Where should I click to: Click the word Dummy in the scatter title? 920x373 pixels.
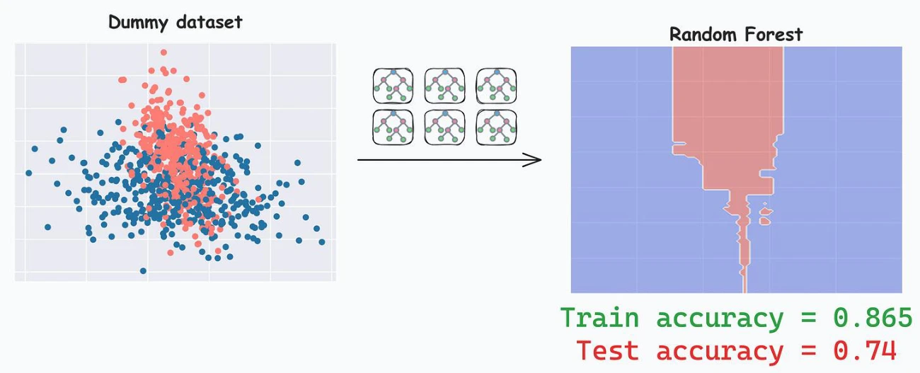coord(138,23)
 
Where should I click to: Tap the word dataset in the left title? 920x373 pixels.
coord(209,22)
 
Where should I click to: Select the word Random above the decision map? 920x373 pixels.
coord(703,35)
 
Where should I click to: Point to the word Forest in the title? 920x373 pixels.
coord(774,35)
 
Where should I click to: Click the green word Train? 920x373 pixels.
coord(600,318)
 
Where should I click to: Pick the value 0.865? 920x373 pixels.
coord(873,318)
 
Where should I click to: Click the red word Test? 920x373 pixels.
coord(607,350)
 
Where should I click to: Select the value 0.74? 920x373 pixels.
coord(865,350)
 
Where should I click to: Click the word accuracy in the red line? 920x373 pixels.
coord(720,352)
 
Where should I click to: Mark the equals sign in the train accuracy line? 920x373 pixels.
coord(808,319)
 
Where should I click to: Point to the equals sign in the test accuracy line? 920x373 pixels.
coord(808,351)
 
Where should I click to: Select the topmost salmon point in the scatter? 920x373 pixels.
coord(164,52)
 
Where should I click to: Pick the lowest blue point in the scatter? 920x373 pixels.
coord(144,270)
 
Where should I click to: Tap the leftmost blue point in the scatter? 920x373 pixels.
coord(29,173)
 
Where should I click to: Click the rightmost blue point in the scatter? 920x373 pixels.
coord(322,242)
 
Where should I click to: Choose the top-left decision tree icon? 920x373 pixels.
coord(393,86)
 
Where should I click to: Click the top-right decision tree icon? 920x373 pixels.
coord(497,86)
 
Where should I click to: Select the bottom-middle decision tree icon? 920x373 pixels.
coord(445,127)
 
